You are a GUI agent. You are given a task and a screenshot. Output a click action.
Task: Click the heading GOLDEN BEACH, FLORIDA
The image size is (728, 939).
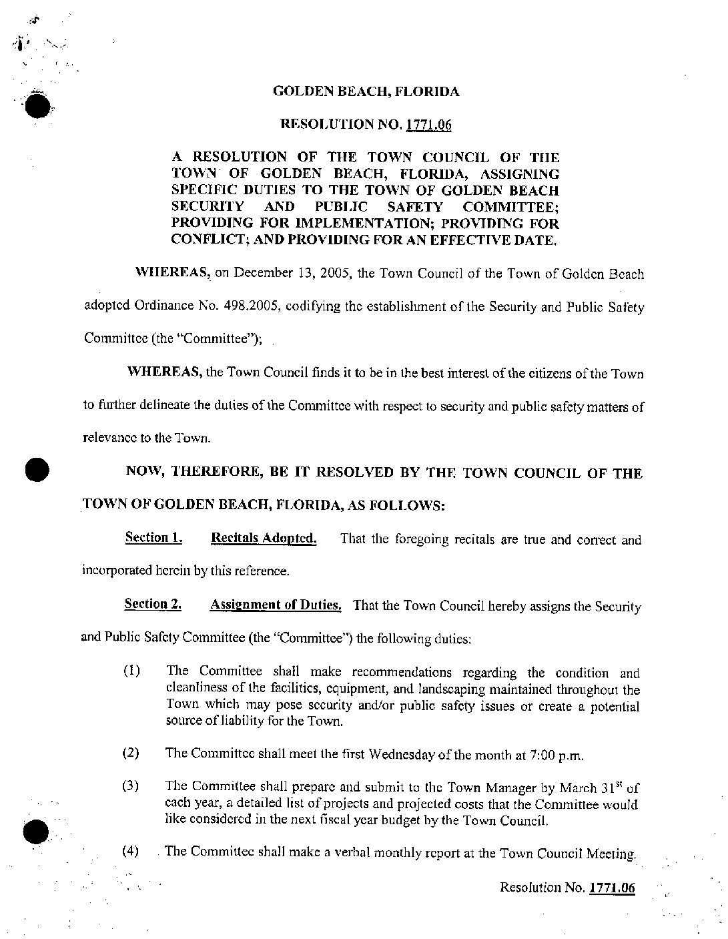click(366, 92)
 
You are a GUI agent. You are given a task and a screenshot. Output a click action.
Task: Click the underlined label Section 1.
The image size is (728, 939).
click(153, 538)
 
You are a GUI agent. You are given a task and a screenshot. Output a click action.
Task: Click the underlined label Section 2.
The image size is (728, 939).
click(153, 605)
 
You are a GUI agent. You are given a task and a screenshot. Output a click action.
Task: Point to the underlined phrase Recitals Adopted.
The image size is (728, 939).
click(264, 539)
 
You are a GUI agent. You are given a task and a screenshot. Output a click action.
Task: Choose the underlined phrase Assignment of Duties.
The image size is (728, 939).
click(276, 605)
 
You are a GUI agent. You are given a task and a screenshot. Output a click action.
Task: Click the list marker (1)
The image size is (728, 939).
click(131, 671)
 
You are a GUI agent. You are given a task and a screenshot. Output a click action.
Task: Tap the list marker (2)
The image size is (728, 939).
click(131, 753)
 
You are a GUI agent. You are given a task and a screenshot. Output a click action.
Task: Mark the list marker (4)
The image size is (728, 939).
click(131, 851)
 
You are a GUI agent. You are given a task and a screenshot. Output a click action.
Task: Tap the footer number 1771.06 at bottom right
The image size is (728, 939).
click(611, 888)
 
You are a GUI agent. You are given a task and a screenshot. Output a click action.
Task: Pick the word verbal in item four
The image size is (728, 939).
click(353, 852)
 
